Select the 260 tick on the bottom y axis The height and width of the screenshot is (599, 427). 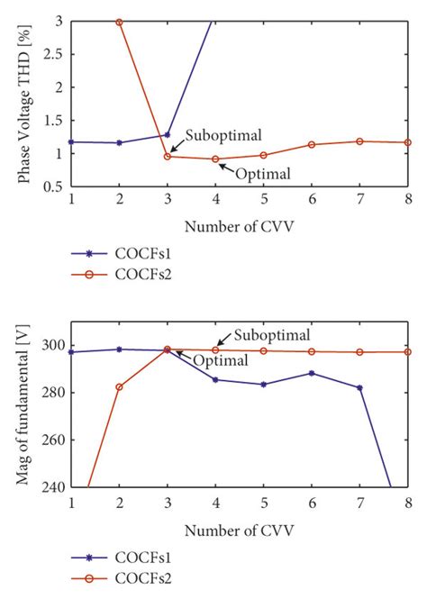(x=53, y=440)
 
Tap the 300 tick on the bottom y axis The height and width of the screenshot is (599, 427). (x=53, y=345)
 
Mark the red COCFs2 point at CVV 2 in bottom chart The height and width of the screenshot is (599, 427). (x=119, y=387)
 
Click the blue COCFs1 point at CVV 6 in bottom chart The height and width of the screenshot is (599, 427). (x=312, y=373)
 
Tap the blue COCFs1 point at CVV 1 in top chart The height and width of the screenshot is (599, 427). (x=71, y=141)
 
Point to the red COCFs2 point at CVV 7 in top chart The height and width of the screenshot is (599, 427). (x=359, y=141)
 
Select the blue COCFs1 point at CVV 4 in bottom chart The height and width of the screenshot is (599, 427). (x=215, y=379)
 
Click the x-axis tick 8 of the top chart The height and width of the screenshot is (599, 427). (x=408, y=198)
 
